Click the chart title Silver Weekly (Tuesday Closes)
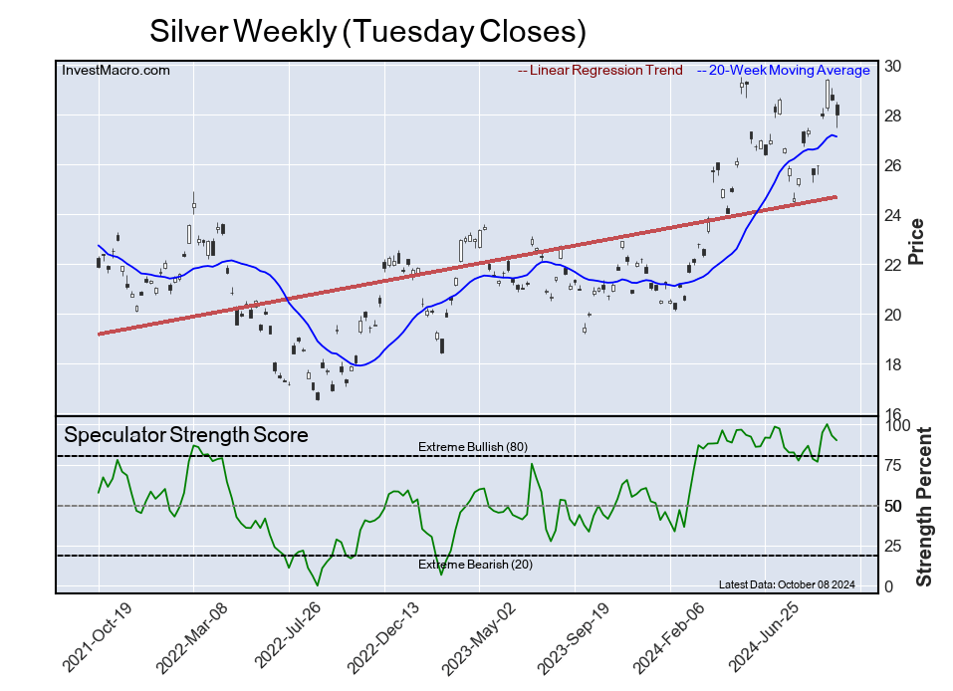click(x=366, y=31)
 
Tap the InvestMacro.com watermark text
click(x=116, y=70)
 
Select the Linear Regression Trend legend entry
click(x=600, y=70)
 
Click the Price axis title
click(x=918, y=241)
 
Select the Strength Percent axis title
click(x=923, y=507)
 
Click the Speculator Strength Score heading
click(x=186, y=435)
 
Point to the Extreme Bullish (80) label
click(x=473, y=447)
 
